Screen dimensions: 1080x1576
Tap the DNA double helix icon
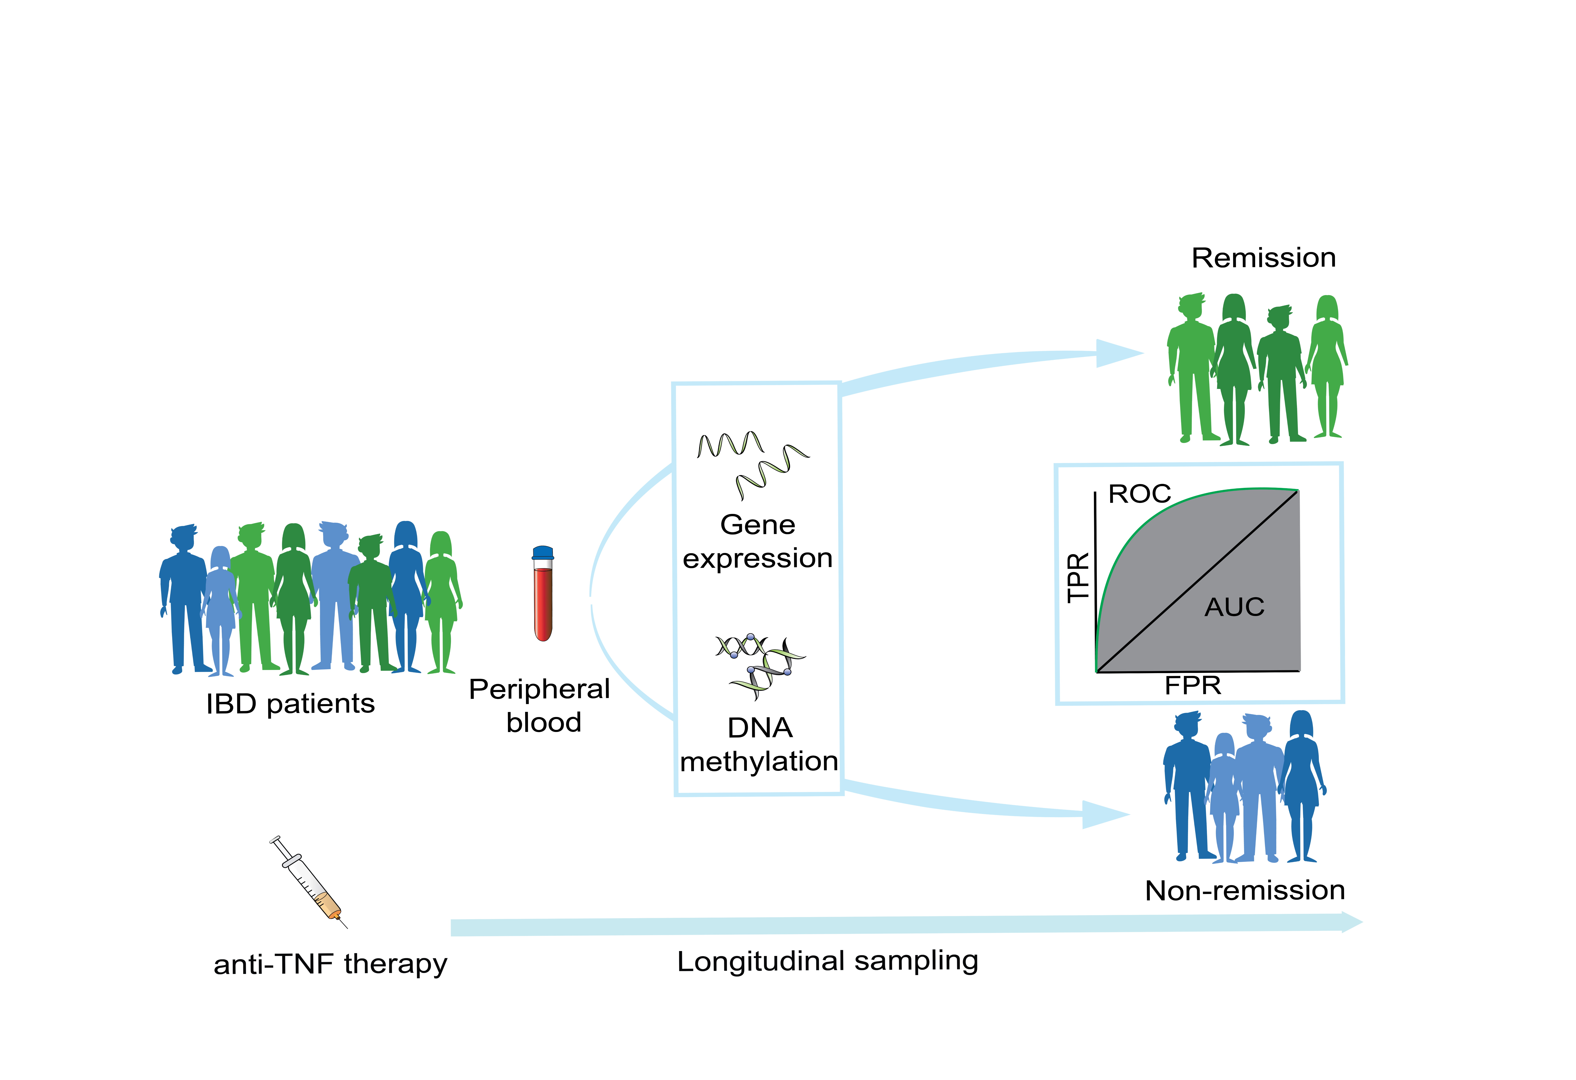760,666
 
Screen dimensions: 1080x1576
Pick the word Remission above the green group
1263,258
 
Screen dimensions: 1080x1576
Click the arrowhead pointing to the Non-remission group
1105,815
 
